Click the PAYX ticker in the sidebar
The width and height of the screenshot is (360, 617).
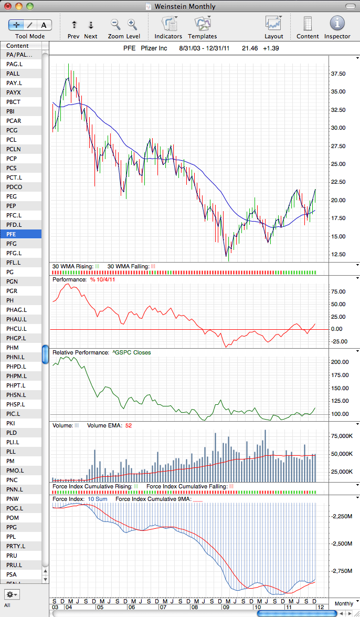(x=13, y=92)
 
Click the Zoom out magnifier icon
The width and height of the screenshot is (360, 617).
(x=115, y=24)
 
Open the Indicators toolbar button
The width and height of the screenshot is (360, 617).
(x=168, y=24)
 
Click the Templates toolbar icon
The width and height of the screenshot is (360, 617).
(x=203, y=24)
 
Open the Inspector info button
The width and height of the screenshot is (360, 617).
(x=337, y=24)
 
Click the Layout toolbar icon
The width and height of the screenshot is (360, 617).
(x=274, y=24)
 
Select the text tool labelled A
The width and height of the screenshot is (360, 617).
(x=44, y=25)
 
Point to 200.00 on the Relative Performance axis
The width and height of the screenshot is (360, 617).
(x=341, y=362)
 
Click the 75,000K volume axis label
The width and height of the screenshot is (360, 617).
(x=342, y=436)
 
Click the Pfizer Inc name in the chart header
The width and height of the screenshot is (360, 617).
(x=154, y=48)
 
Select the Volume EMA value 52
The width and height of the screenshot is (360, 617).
(x=128, y=425)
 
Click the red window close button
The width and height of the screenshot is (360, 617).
(x=8, y=6)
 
